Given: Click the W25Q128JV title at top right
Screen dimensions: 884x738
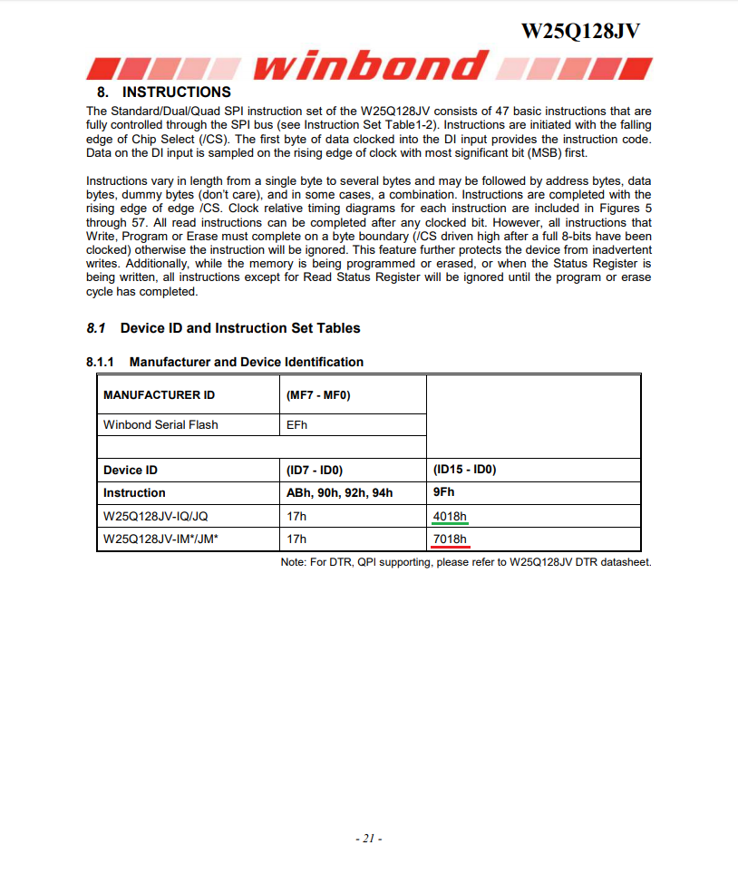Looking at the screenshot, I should click(580, 31).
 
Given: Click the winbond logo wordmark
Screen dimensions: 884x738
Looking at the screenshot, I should click(372, 66).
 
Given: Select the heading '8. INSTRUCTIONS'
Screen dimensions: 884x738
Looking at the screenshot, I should click(164, 92).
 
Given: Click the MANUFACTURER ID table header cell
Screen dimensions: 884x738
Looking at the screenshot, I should click(159, 395).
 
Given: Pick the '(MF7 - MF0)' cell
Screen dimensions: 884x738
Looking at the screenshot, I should click(318, 395).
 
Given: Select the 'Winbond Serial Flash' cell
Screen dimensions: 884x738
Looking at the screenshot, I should click(160, 424).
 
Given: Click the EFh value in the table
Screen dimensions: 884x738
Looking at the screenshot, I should click(296, 424).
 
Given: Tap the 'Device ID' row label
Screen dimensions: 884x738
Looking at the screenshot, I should click(131, 470).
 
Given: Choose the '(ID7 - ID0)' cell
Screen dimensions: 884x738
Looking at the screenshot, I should click(315, 470).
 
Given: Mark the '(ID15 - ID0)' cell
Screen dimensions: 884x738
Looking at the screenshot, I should click(465, 470).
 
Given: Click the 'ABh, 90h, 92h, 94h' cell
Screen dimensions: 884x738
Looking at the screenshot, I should click(340, 493).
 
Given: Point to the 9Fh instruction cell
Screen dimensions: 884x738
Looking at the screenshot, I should click(444, 493).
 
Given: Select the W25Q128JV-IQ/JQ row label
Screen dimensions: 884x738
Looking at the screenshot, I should click(157, 517).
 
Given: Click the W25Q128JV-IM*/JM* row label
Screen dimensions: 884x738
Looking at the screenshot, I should click(160, 539).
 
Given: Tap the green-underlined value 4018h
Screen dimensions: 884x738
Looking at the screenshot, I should click(451, 517).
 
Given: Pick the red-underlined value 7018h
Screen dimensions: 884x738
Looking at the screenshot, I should click(451, 539).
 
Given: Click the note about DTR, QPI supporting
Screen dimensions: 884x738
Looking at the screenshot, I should click(466, 562).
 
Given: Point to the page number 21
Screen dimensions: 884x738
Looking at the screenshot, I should click(368, 839).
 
